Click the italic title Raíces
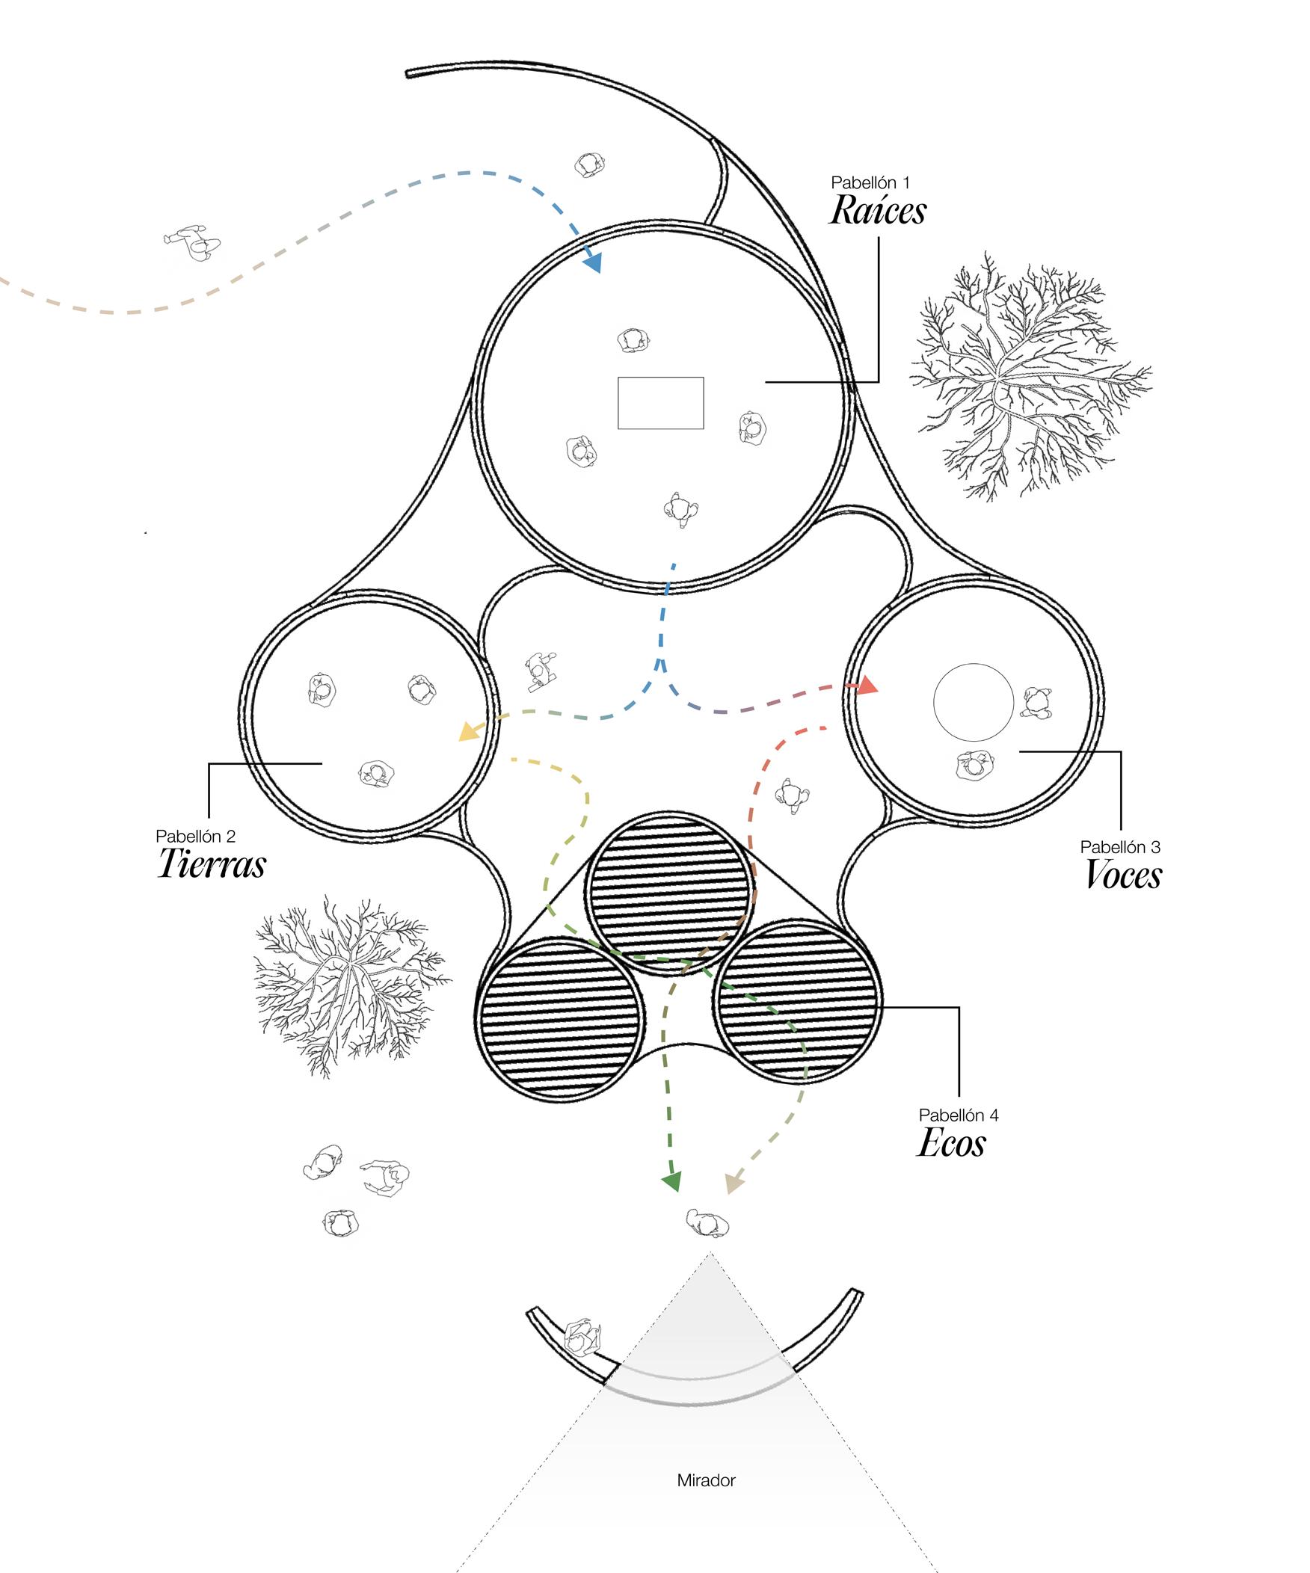tap(877, 211)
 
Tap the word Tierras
tap(212, 864)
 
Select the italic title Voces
tap(1124, 875)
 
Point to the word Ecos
tap(951, 1143)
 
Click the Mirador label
tap(707, 1480)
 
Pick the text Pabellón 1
tap(870, 182)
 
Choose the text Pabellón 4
tap(959, 1115)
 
